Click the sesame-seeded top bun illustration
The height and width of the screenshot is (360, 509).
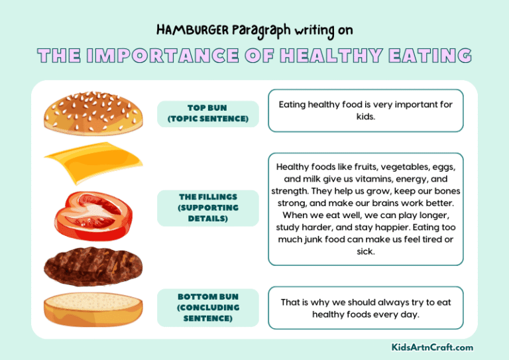click(x=93, y=112)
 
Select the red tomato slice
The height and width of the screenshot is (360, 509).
click(x=93, y=211)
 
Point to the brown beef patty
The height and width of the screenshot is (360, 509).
click(x=93, y=266)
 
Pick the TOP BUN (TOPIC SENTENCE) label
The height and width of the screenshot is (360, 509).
click(x=208, y=114)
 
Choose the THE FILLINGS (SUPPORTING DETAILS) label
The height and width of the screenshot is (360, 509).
click(x=208, y=208)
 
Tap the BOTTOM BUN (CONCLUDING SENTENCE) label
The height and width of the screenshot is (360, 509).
click(x=208, y=308)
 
